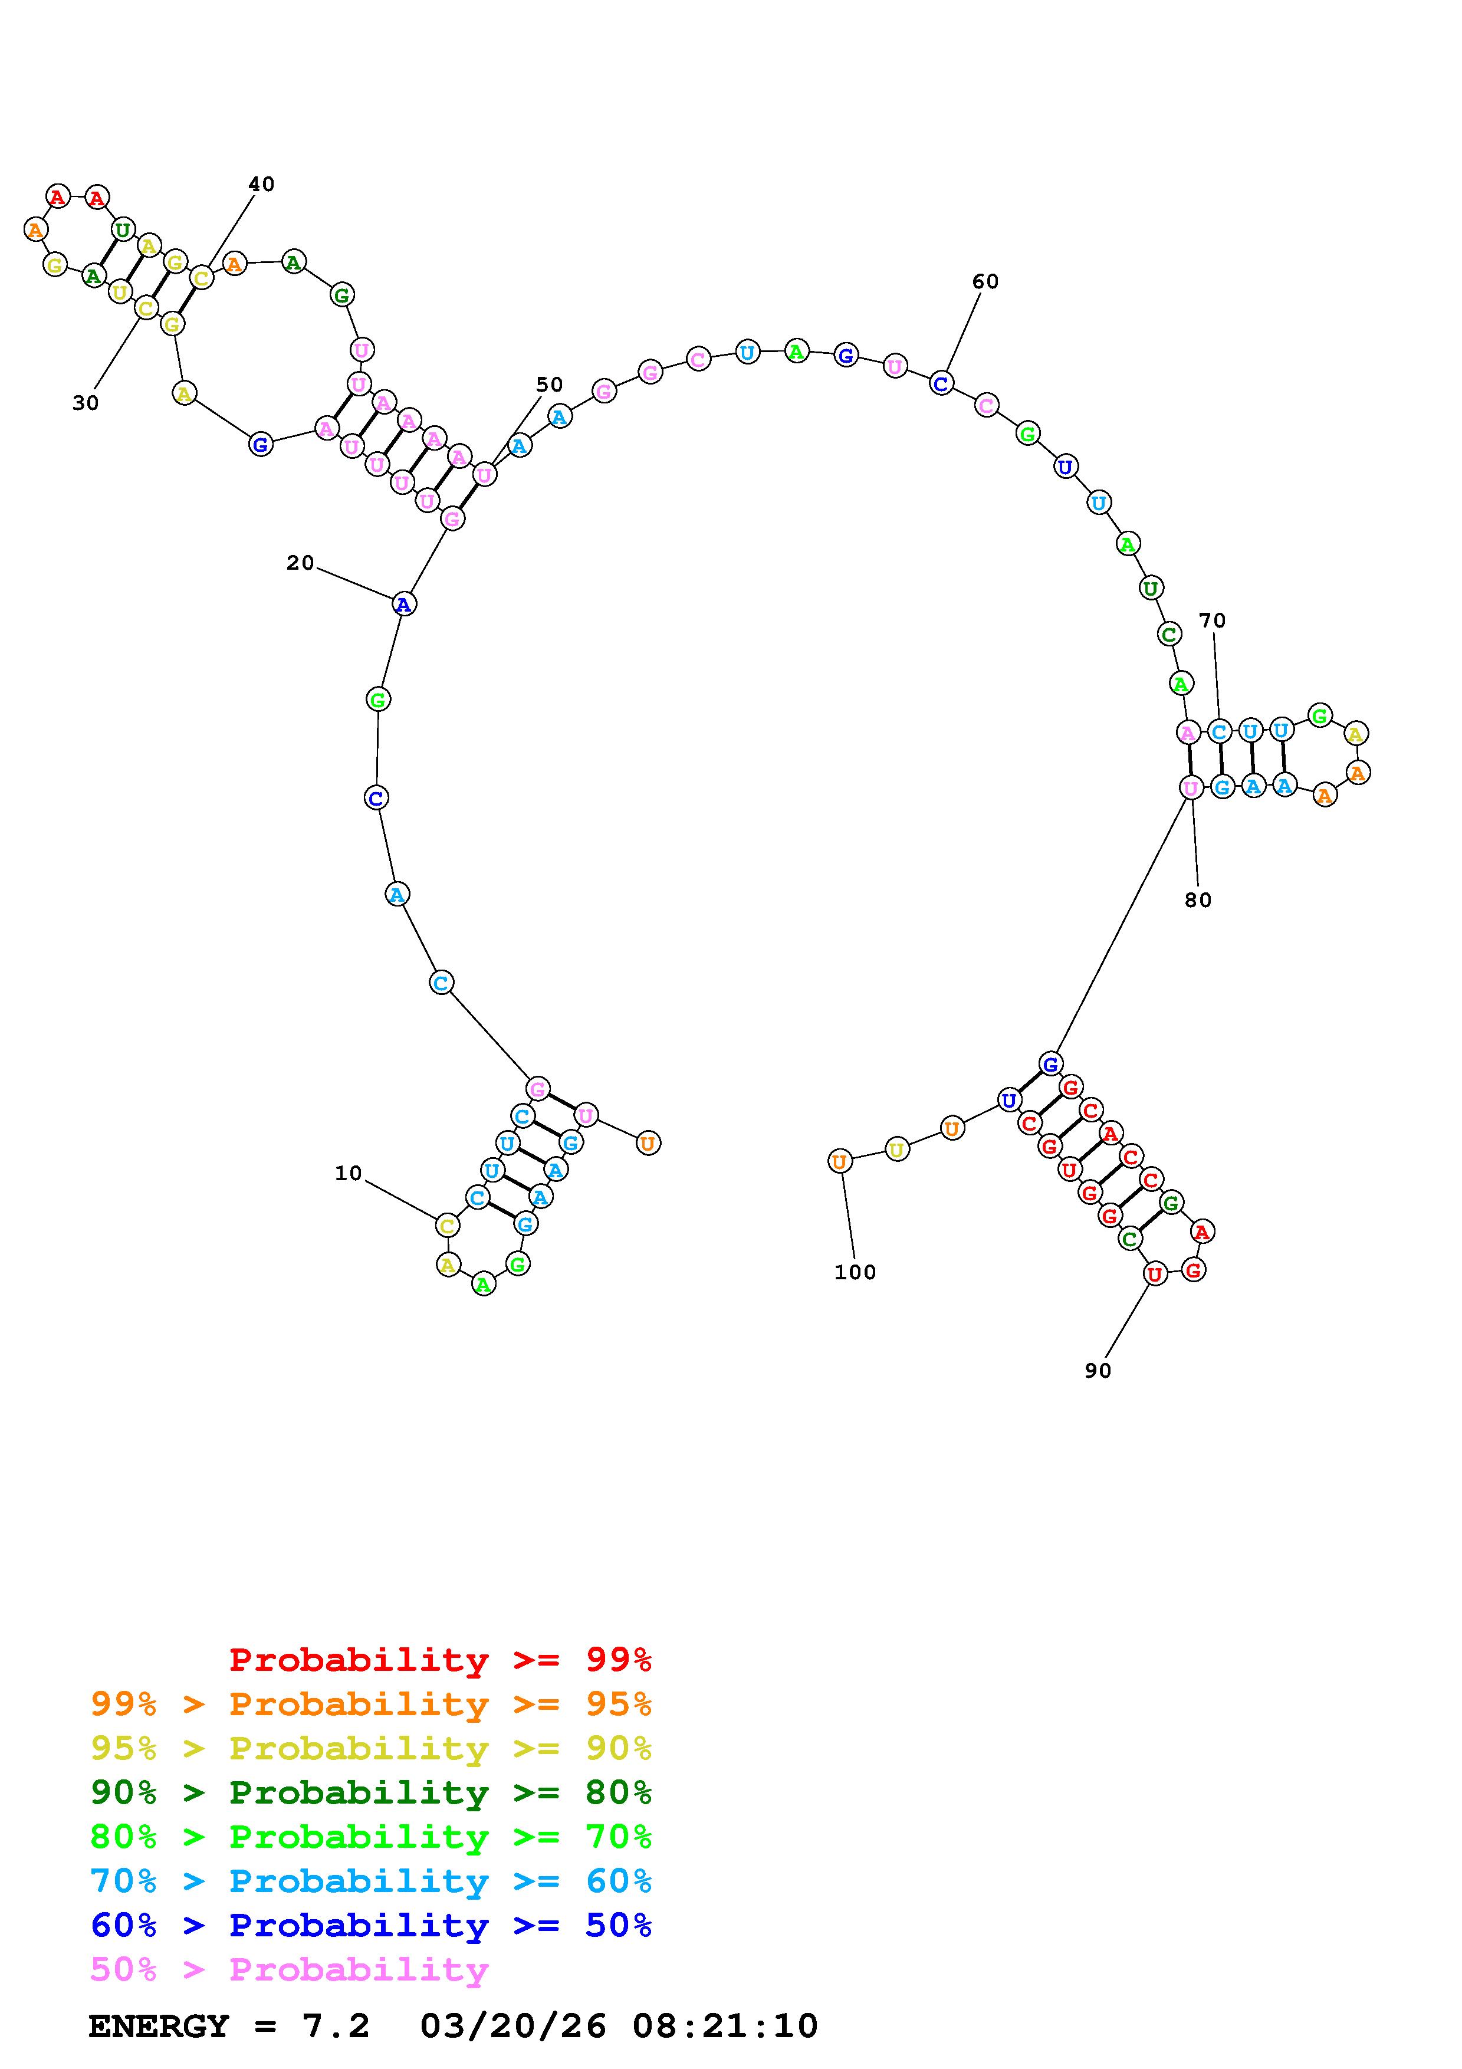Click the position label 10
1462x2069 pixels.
click(x=348, y=1173)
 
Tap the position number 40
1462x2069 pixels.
click(x=261, y=184)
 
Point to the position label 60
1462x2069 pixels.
click(x=985, y=281)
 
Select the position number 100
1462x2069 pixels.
click(x=855, y=1272)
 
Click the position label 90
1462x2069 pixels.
click(x=1098, y=1371)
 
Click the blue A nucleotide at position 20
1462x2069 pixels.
click(x=403, y=604)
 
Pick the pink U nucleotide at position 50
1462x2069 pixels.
click(x=485, y=474)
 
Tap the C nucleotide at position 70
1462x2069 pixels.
click(x=1219, y=732)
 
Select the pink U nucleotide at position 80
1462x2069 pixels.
click(x=1191, y=787)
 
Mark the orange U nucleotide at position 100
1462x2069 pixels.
click(x=840, y=1161)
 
